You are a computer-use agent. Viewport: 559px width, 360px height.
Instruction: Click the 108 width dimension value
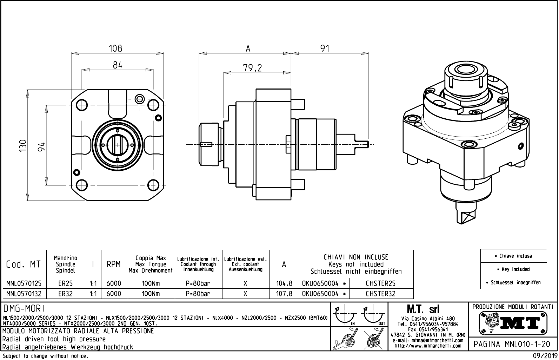tap(115, 48)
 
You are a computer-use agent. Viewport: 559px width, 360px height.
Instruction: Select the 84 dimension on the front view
tap(118, 65)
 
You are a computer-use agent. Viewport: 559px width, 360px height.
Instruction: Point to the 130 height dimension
tap(22, 145)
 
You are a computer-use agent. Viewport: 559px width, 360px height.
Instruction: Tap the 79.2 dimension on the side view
tap(252, 68)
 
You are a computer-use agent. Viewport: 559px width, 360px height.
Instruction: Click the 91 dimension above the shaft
tap(325, 48)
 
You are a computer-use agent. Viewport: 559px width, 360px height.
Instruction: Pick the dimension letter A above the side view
tap(248, 49)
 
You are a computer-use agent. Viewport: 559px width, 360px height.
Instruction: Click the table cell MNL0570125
tap(24, 283)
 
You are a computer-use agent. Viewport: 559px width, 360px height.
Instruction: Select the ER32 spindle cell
tap(66, 294)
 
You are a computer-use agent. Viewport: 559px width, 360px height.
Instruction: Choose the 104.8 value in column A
tap(284, 283)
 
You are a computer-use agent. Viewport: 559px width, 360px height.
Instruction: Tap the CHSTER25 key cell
tap(381, 283)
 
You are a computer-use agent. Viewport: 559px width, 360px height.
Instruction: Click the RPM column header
tap(114, 264)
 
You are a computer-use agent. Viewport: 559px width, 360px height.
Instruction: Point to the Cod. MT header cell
tap(24, 264)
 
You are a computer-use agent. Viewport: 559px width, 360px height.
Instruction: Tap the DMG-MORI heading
tap(24, 308)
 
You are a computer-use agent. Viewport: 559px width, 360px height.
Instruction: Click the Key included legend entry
tap(514, 269)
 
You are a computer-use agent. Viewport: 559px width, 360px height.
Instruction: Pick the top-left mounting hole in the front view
tap(81, 104)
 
